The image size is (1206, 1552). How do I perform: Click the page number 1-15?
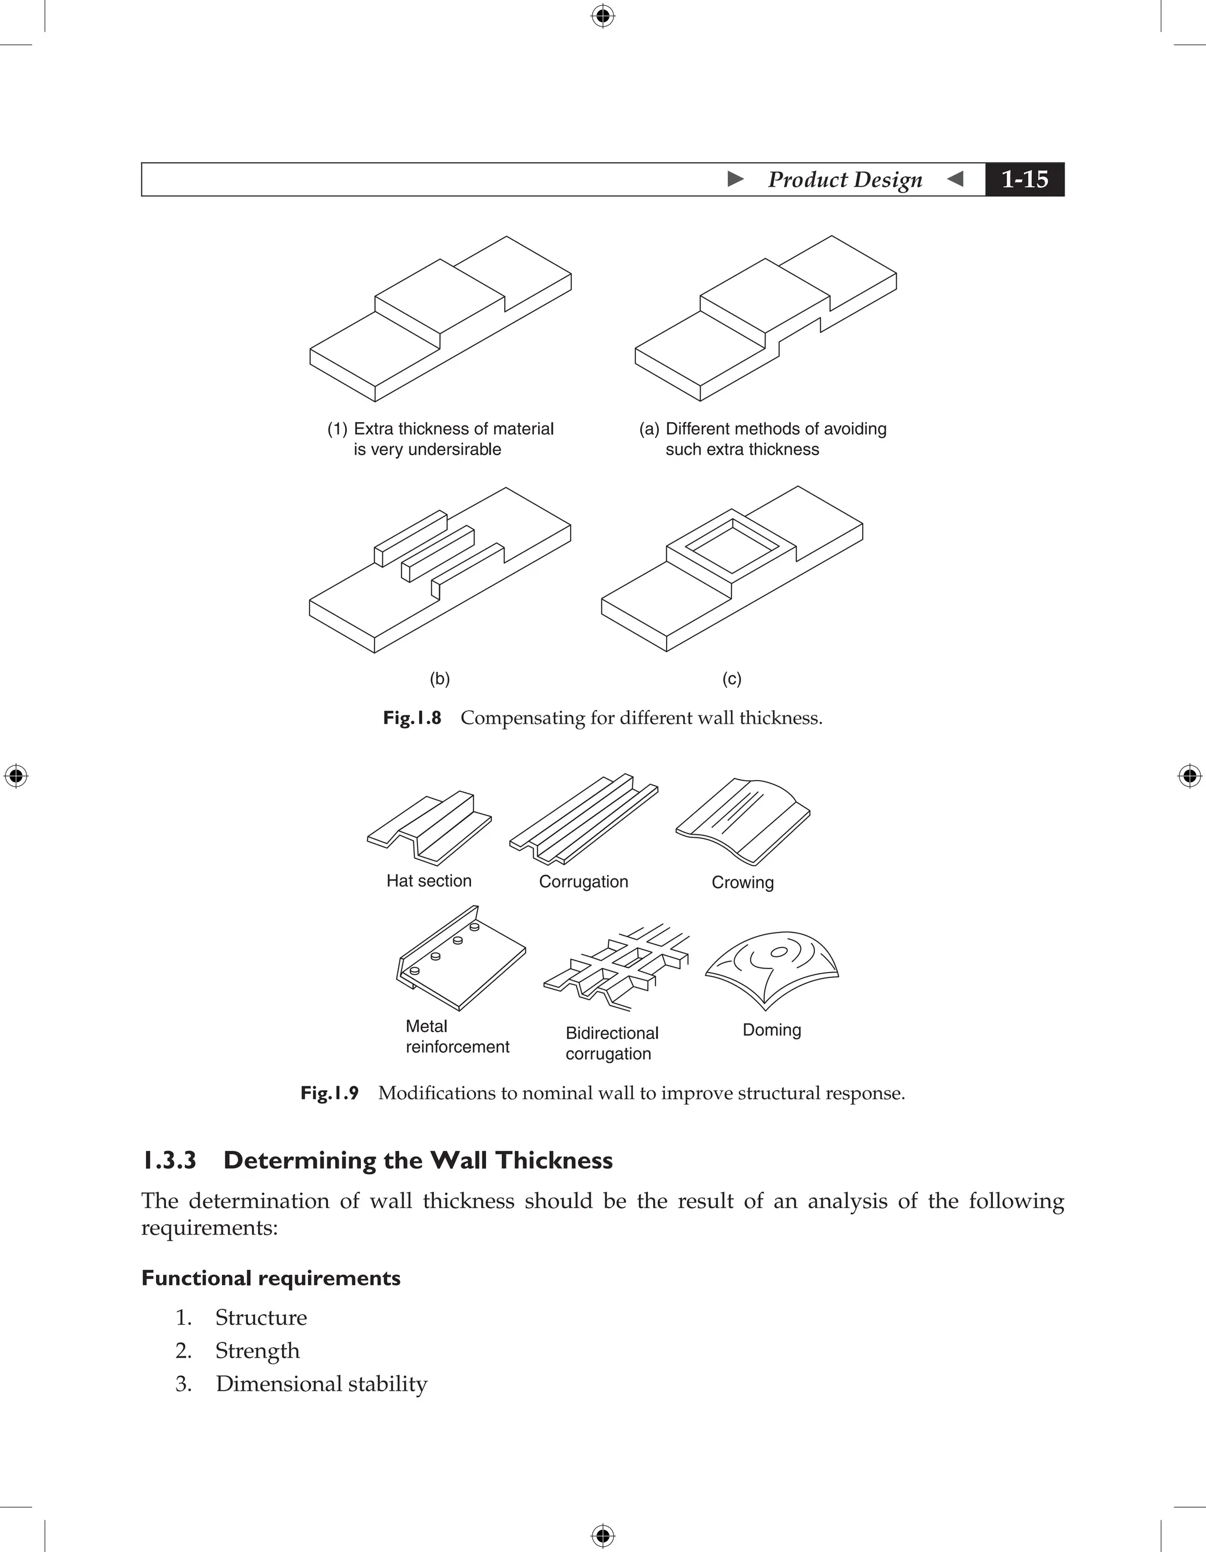coord(1024,179)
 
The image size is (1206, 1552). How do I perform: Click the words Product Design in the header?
coord(844,179)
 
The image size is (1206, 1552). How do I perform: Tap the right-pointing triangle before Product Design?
coord(735,179)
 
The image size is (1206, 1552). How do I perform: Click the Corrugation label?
coord(583,882)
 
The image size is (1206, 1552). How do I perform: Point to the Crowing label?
coord(742,883)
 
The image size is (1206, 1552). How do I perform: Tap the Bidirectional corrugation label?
coord(611,1043)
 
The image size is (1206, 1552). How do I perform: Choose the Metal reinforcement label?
coord(456,1036)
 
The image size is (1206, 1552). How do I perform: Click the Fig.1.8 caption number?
coord(412,718)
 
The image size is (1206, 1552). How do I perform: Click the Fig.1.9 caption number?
coord(329,1093)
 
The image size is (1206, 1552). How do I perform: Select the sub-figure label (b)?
coord(439,679)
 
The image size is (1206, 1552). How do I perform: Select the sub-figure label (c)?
coord(731,679)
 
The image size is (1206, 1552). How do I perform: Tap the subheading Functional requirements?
coord(271,1278)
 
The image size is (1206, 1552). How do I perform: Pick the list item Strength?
coord(257,1351)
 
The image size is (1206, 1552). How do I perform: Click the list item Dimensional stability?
coord(321,1384)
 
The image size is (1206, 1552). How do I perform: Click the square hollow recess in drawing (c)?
coord(732,545)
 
